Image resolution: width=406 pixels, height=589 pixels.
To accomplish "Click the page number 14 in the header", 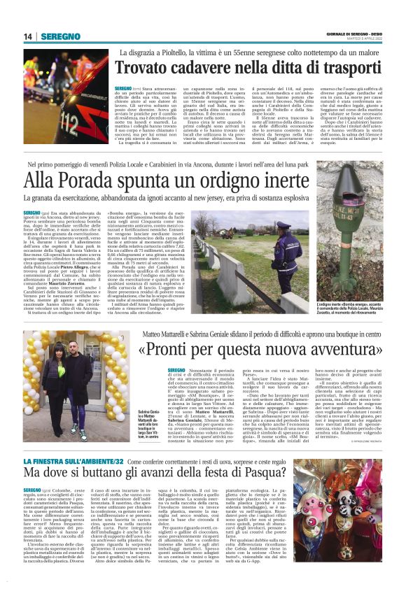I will click(x=28, y=36).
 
